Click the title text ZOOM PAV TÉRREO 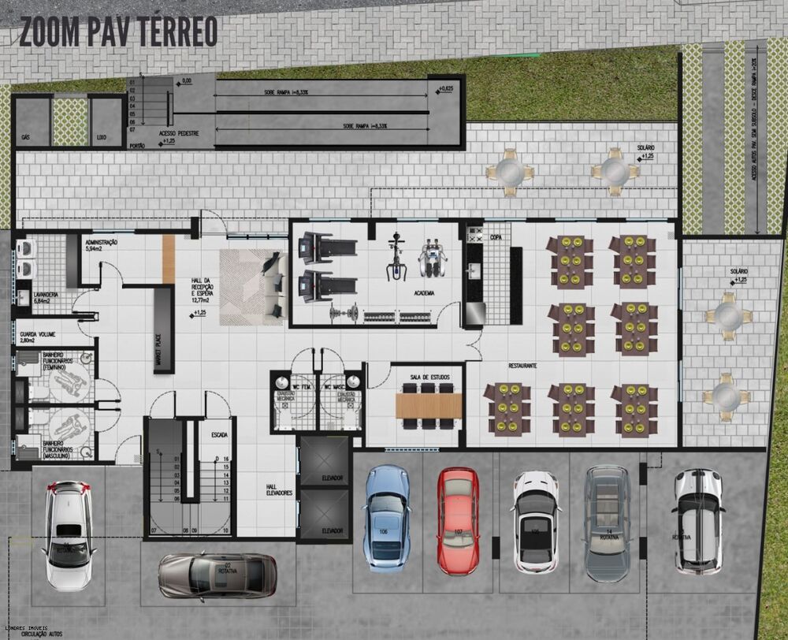pyautogui.click(x=118, y=31)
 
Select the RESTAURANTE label pyautogui.click(x=522, y=367)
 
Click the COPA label pyautogui.click(x=496, y=236)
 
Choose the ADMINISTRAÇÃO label pyautogui.click(x=101, y=244)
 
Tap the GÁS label pyautogui.click(x=26, y=137)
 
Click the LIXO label pyautogui.click(x=101, y=137)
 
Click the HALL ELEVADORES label pyautogui.click(x=279, y=489)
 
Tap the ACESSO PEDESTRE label pyautogui.click(x=178, y=134)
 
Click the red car pyautogui.click(x=458, y=520)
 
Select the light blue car pyautogui.click(x=386, y=516)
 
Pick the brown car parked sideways pyautogui.click(x=217, y=575)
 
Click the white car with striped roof pyautogui.click(x=698, y=520)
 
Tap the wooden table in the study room pyautogui.click(x=429, y=405)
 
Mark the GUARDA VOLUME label pyautogui.click(x=37, y=336)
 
